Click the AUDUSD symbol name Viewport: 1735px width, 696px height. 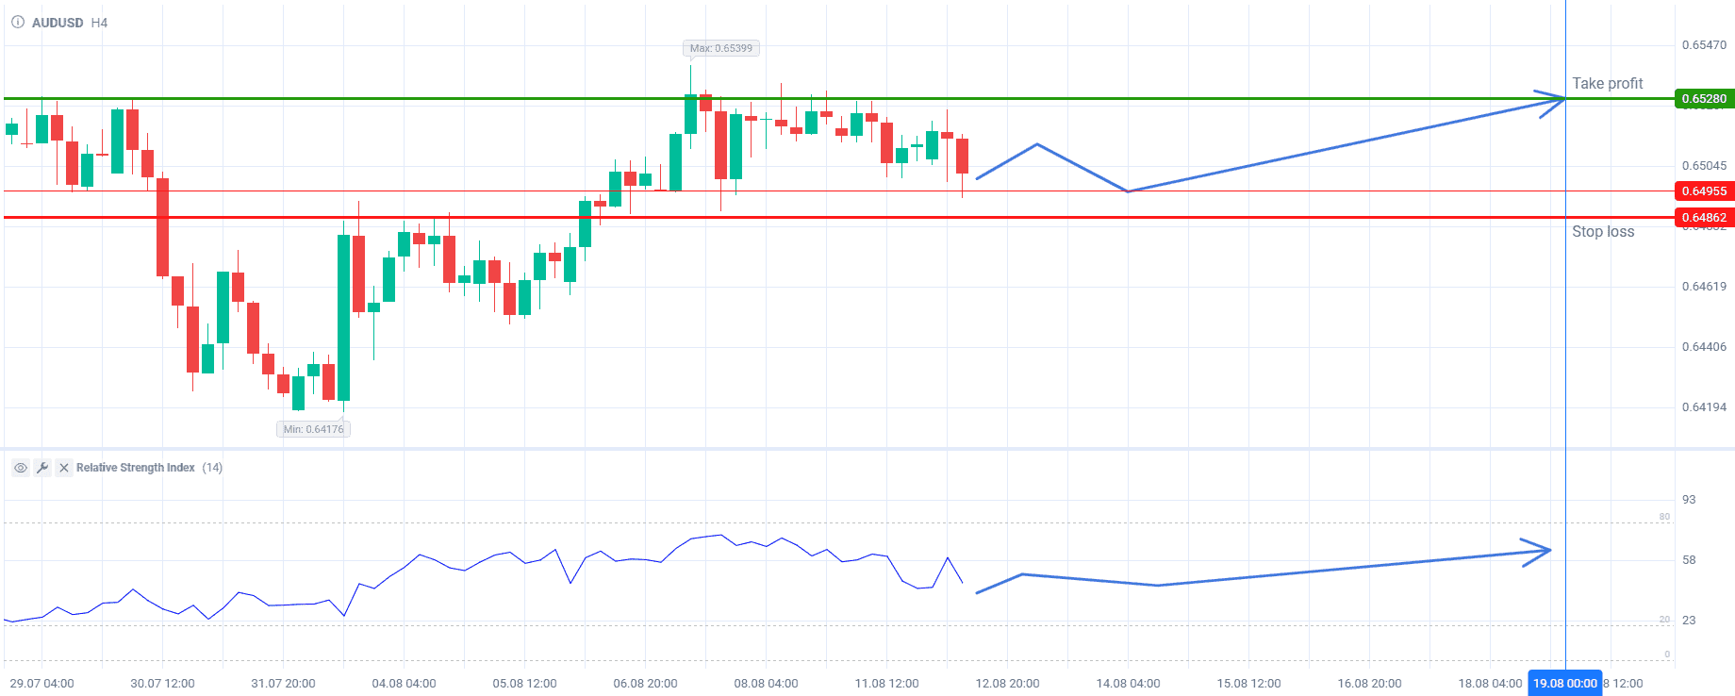click(58, 23)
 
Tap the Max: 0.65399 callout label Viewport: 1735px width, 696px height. click(721, 48)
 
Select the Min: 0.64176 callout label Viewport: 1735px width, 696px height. click(314, 429)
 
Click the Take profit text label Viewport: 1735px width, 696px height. click(1607, 83)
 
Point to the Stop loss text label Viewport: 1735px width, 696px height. click(1603, 231)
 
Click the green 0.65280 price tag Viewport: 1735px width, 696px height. click(1704, 99)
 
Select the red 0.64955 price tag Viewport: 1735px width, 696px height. click(1704, 191)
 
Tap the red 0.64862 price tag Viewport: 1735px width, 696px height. click(1704, 218)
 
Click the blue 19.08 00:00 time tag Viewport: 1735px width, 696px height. click(1565, 684)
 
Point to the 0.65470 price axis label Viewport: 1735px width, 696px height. click(1704, 45)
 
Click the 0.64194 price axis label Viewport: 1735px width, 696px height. click(1704, 407)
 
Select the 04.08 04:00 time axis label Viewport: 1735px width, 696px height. click(404, 684)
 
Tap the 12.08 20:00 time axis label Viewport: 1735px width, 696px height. click(1007, 684)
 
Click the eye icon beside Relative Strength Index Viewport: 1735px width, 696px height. click(20, 468)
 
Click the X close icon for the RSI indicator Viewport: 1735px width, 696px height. click(63, 468)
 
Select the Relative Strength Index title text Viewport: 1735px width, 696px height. click(136, 468)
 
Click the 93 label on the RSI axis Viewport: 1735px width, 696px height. click(1689, 500)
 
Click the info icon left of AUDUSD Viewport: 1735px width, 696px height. click(18, 23)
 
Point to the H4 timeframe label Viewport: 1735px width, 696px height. click(99, 23)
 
